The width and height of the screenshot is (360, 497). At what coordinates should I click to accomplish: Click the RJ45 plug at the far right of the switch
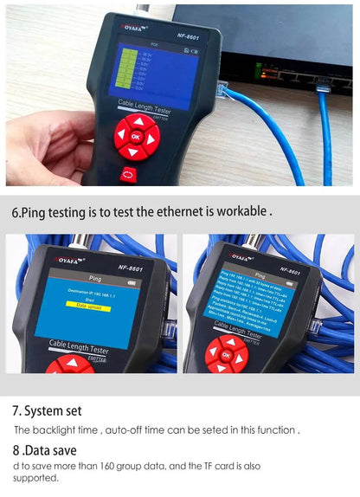(x=323, y=84)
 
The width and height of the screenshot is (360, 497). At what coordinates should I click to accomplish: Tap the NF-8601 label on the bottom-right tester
(x=288, y=270)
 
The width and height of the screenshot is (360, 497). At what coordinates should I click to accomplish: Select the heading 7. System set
(x=48, y=410)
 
